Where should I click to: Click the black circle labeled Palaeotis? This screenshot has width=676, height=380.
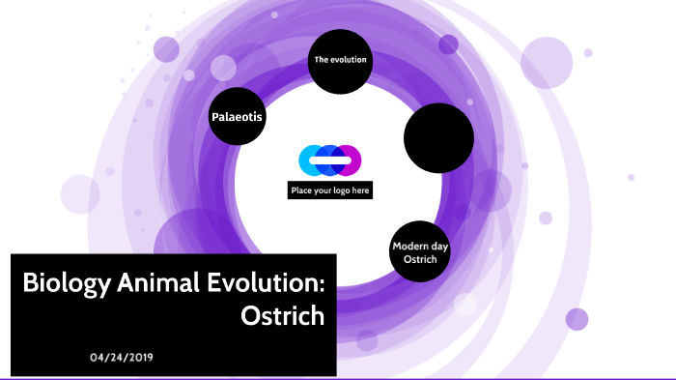(238, 118)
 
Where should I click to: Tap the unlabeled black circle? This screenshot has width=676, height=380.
(437, 135)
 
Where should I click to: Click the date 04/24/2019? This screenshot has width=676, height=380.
(121, 357)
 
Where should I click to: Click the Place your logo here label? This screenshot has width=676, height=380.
(330, 190)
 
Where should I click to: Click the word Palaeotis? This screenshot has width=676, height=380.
(238, 118)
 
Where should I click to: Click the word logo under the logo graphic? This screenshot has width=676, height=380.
(341, 191)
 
